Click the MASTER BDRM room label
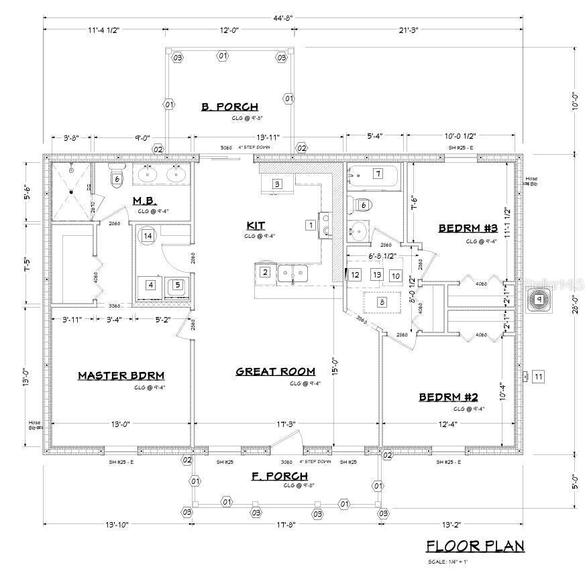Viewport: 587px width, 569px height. coord(121,375)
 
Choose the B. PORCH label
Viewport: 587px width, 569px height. coord(229,107)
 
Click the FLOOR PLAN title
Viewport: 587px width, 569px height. coord(476,546)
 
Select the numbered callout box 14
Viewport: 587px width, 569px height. coord(148,235)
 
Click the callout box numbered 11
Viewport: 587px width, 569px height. coord(538,377)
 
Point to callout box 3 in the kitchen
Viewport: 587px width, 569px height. coord(276,184)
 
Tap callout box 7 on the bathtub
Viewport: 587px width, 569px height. coord(378,174)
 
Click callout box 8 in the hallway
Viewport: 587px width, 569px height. coord(382,302)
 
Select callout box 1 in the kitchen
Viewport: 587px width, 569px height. coord(310,225)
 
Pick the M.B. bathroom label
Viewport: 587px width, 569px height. coord(145,200)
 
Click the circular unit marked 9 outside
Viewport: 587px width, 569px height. coord(539,300)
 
